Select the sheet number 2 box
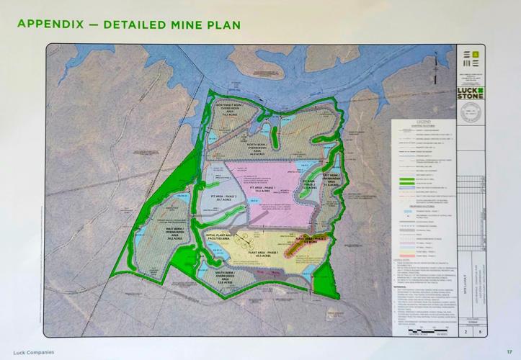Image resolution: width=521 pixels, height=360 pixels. point(462,332)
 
